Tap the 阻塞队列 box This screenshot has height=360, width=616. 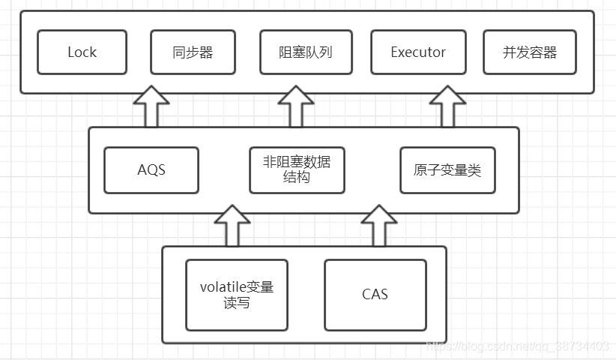pyautogui.click(x=306, y=52)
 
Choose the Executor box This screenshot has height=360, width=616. pyautogui.click(x=417, y=52)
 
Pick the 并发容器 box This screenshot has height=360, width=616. pyautogui.click(x=529, y=52)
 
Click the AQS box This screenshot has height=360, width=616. pyautogui.click(x=151, y=170)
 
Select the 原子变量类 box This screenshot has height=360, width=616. pyautogui.click(x=447, y=170)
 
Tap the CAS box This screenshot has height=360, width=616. pyautogui.click(x=375, y=295)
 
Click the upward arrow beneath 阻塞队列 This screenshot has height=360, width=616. pyautogui.click(x=297, y=107)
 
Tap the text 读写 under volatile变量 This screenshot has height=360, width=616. pyautogui.click(x=237, y=304)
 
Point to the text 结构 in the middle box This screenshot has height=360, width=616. pyautogui.click(x=297, y=179)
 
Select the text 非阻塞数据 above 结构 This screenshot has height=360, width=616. pyautogui.click(x=297, y=162)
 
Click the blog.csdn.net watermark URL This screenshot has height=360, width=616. pyautogui.click(x=517, y=346)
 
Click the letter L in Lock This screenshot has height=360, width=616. pyautogui.click(x=71, y=52)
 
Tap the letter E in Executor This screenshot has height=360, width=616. pyautogui.click(x=395, y=52)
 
